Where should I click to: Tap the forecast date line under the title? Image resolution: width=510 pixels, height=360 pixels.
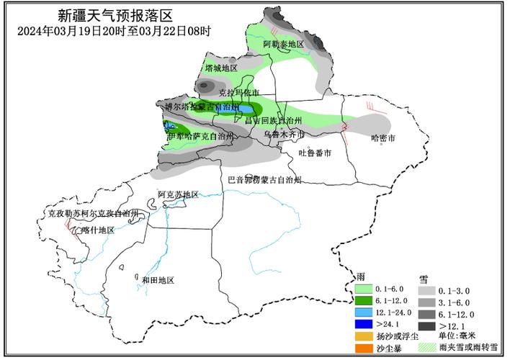(x=114, y=31)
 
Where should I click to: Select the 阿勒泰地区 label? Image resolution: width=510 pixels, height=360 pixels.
(x=283, y=45)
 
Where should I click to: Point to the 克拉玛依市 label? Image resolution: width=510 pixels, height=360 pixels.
(x=238, y=93)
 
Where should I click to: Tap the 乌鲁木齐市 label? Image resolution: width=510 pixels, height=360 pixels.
(x=283, y=135)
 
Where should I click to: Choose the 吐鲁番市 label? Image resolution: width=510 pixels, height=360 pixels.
(x=315, y=153)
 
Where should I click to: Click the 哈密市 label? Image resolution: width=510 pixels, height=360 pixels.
(x=384, y=138)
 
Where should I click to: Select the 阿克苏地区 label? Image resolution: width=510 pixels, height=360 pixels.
(x=178, y=194)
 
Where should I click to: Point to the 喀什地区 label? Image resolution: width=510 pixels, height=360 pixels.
(x=98, y=230)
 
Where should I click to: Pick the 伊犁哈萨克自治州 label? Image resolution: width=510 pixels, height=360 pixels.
(x=200, y=135)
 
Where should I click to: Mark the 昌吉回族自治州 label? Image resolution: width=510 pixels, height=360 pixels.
(x=272, y=120)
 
